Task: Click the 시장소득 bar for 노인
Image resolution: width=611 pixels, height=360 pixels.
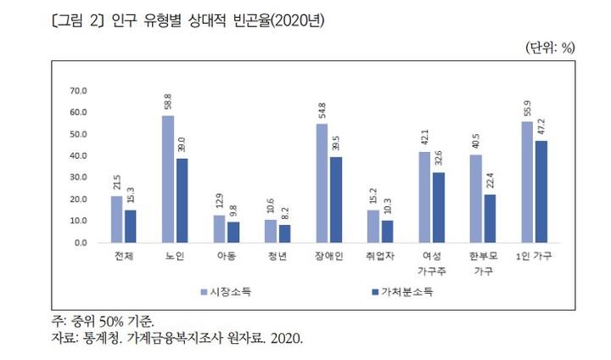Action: [x=168, y=179]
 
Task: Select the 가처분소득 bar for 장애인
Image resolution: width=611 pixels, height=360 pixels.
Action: [x=336, y=200]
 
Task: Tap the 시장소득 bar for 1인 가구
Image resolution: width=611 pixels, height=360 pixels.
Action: [x=528, y=182]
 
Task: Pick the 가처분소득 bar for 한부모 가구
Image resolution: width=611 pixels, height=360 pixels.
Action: [x=490, y=218]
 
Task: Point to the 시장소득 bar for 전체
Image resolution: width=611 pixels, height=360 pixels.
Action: [x=117, y=219]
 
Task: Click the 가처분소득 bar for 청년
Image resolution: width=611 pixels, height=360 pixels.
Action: [x=284, y=233]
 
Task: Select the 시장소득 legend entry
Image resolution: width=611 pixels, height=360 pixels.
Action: [x=230, y=292]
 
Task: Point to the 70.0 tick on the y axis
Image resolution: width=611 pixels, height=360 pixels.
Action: [x=79, y=91]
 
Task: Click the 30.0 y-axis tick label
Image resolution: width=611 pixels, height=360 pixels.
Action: [x=79, y=177]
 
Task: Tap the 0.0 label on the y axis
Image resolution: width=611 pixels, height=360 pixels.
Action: [x=81, y=243]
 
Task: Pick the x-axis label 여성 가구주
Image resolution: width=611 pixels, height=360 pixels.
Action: [x=430, y=262]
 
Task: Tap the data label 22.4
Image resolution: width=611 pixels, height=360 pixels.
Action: [x=490, y=182]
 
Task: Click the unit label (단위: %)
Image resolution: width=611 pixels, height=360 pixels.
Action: [x=551, y=48]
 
